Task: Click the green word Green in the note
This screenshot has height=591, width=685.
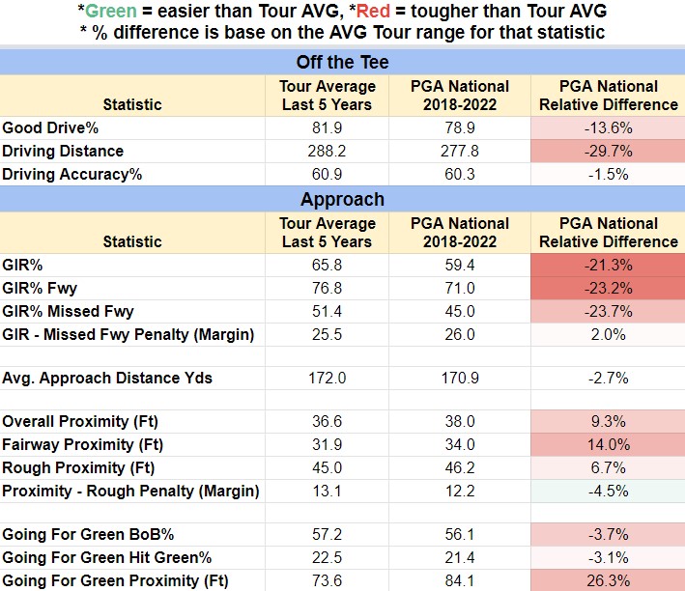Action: (111, 11)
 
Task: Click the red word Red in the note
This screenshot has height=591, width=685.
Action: (373, 11)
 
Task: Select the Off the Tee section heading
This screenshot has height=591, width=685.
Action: (342, 62)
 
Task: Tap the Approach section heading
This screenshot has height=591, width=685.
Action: (342, 199)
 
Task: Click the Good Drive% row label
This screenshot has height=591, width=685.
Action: (50, 128)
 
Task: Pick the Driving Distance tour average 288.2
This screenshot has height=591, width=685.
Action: (327, 152)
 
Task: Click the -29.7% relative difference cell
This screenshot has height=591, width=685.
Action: (608, 152)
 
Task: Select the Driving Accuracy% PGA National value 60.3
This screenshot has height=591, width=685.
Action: (460, 174)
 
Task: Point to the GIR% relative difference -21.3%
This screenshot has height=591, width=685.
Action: (608, 266)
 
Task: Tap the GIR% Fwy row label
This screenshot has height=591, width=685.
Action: (40, 289)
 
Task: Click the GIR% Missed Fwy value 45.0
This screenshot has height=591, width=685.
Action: (460, 312)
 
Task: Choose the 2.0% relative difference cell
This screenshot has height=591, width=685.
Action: (608, 334)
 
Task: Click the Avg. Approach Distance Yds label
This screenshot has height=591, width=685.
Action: (107, 378)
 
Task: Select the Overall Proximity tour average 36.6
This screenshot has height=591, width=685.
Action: (327, 421)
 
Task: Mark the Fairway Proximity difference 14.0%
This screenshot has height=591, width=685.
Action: (608, 444)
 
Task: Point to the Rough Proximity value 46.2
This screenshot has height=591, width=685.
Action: (460, 467)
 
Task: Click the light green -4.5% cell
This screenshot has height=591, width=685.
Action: (608, 491)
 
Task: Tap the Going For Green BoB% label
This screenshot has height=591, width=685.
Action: (88, 535)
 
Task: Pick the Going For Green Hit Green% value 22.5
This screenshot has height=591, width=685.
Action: (327, 558)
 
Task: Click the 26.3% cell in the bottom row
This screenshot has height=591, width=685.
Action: (608, 580)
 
